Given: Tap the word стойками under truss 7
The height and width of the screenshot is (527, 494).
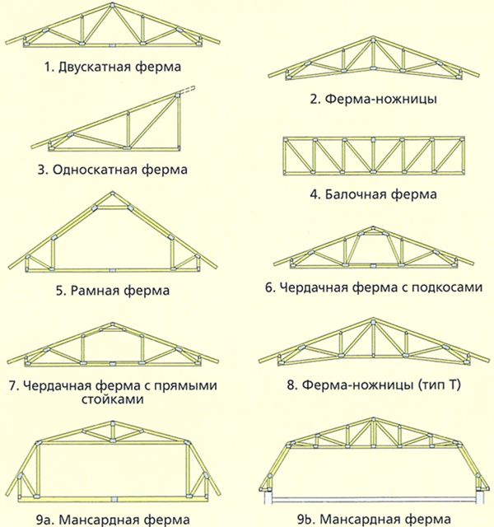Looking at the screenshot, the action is (x=113, y=399).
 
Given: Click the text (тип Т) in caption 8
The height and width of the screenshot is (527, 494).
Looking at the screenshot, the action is (x=440, y=385).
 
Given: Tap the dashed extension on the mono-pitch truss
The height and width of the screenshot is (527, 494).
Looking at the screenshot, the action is (x=187, y=90).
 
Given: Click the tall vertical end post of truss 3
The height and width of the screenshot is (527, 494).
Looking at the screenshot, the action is (x=178, y=122).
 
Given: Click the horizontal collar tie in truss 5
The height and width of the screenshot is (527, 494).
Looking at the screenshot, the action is (x=112, y=208).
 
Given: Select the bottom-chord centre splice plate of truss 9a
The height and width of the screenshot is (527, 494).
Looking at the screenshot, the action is (x=114, y=499).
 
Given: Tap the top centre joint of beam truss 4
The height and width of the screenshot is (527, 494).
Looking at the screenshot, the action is (x=373, y=139).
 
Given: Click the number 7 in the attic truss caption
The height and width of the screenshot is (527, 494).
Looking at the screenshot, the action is (x=13, y=385).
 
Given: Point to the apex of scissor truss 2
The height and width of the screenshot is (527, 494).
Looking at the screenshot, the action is (x=373, y=39).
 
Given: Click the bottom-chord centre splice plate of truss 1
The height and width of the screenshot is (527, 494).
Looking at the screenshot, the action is (x=113, y=44).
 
